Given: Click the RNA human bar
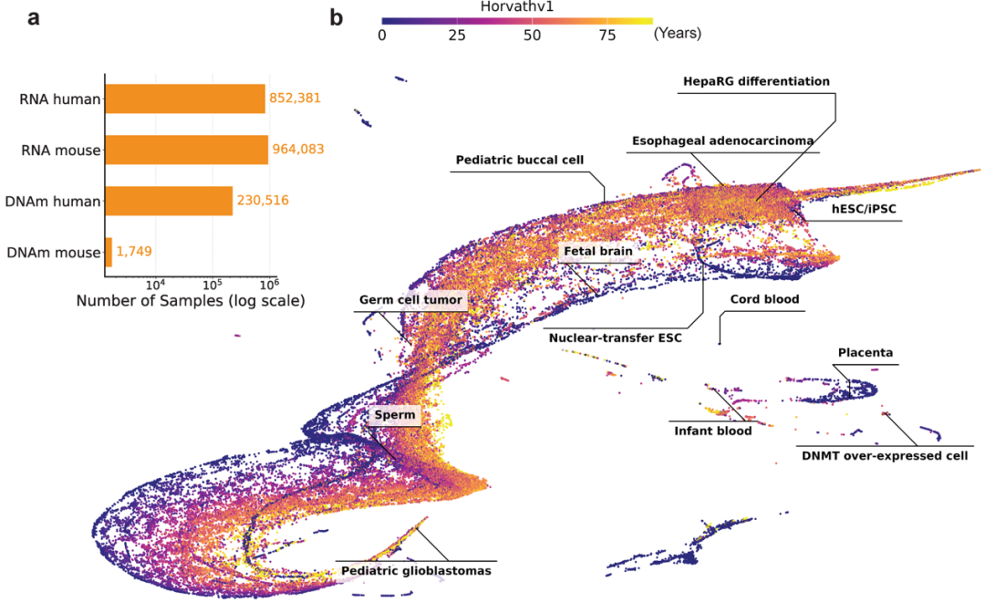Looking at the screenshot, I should click(185, 99).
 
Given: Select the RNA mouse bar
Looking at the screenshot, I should click(187, 150).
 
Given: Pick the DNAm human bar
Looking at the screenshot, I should click(169, 201).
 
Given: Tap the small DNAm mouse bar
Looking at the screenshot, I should click(109, 252).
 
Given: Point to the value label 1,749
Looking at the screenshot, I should click(135, 252).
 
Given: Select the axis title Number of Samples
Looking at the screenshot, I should click(190, 300).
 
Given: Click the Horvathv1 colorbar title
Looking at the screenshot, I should click(517, 6).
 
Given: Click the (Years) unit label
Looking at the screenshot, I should click(677, 35).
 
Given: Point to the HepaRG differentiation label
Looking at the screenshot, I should click(756, 81).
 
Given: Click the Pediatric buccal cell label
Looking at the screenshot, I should click(519, 161).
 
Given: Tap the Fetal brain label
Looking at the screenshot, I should click(597, 250).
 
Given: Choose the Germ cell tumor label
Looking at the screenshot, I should click(412, 299).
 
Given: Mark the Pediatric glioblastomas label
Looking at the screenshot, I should click(416, 571).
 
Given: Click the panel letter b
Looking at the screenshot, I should click(336, 16).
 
